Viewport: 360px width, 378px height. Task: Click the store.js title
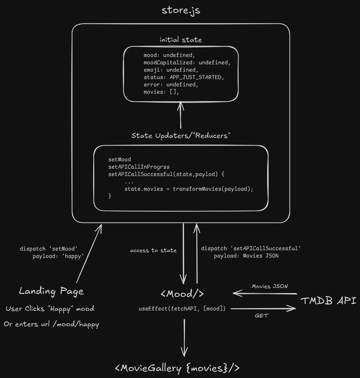point(181,10)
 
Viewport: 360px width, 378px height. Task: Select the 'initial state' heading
point(181,40)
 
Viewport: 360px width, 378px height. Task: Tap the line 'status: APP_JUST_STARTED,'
point(184,77)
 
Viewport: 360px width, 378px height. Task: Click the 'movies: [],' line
point(161,92)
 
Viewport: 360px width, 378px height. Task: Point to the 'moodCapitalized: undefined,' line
point(187,62)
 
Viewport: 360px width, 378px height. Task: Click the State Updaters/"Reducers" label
point(181,136)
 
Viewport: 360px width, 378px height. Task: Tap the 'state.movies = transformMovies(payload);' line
point(189,188)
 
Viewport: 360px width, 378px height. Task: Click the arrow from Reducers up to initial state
point(180,116)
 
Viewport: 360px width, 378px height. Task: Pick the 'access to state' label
point(153,251)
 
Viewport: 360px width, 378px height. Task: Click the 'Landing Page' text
point(51,291)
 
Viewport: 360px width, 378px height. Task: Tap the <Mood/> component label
point(182,294)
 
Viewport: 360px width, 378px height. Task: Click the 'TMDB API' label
point(328,301)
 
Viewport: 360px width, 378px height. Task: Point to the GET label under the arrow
point(261,315)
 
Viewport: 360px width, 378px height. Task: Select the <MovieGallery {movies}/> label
point(178,368)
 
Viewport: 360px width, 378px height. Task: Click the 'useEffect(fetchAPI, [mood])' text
point(182,309)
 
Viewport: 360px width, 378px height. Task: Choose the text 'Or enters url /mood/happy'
point(51,324)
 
